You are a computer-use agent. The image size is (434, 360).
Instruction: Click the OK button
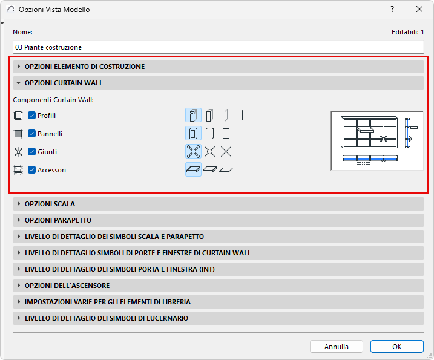click(x=397, y=347)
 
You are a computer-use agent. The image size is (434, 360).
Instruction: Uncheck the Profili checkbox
click(x=32, y=116)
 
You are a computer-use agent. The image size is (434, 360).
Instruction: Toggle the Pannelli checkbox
click(x=32, y=134)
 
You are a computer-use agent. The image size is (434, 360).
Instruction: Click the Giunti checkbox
click(x=32, y=152)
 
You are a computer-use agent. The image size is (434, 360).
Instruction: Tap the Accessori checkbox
click(x=32, y=170)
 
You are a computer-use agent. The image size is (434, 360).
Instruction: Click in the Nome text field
click(x=218, y=47)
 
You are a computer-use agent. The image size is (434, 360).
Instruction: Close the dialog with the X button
click(x=419, y=10)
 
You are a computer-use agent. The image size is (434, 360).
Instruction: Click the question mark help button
click(x=392, y=10)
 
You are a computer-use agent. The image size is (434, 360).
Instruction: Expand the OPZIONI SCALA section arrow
click(x=19, y=204)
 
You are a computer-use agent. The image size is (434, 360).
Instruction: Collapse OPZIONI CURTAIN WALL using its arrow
click(x=19, y=83)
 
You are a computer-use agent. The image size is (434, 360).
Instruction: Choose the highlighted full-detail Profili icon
click(x=193, y=115)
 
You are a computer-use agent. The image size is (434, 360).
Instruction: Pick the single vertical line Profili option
click(x=243, y=116)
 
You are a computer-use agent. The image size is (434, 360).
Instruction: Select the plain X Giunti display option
click(x=226, y=152)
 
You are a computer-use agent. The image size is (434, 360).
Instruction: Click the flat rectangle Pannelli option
click(x=226, y=133)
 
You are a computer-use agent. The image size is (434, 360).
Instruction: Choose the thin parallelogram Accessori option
click(x=226, y=169)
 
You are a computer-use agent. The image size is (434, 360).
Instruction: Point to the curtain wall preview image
click(x=377, y=141)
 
